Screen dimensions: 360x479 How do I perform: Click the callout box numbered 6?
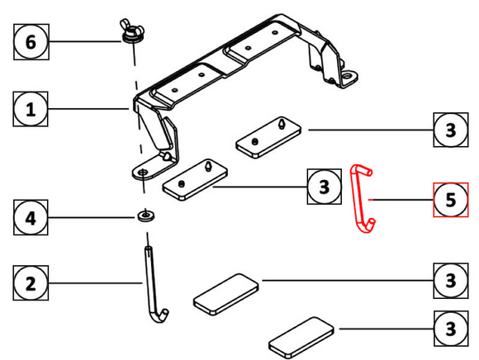click(x=31, y=42)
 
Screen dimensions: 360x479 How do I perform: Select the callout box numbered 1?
click(x=31, y=110)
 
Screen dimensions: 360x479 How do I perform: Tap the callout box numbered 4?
click(x=31, y=219)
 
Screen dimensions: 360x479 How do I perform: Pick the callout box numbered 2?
click(x=31, y=285)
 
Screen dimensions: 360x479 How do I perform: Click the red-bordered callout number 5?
click(x=450, y=200)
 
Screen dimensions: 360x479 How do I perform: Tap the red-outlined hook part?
click(x=361, y=199)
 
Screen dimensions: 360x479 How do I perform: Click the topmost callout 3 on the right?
click(x=450, y=130)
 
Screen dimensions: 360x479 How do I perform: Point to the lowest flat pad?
click(x=300, y=337)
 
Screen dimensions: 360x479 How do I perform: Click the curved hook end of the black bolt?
click(x=161, y=315)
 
